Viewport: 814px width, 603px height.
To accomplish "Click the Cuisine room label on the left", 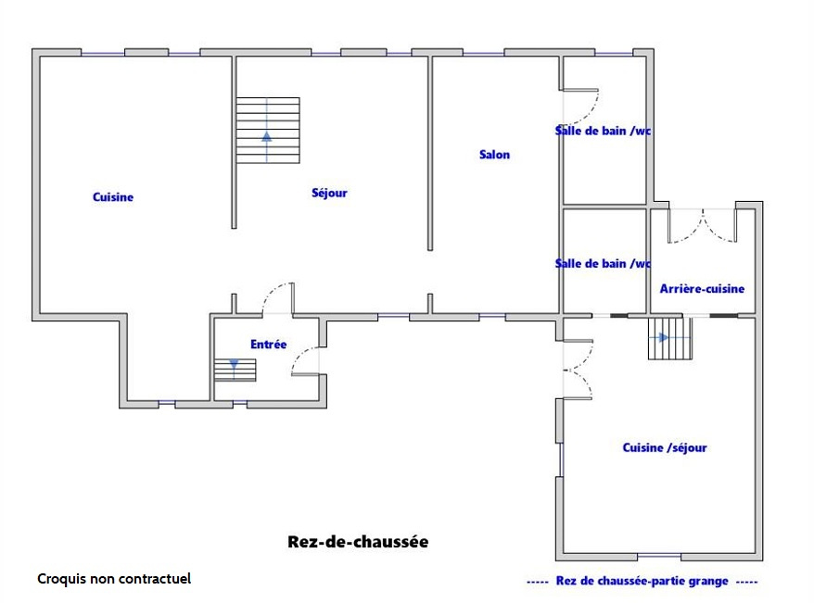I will (x=113, y=197).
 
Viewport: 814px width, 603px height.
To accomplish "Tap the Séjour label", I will (x=329, y=194).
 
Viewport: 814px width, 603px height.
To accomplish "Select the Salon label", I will (x=494, y=155).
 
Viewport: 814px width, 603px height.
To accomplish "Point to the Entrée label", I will (x=269, y=345).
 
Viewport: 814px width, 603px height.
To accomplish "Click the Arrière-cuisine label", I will (x=702, y=289).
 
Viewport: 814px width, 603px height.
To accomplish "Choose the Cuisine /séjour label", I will (x=665, y=448).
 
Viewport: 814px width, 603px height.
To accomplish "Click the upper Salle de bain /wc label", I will (x=603, y=131).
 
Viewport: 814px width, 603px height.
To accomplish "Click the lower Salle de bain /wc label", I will (x=603, y=264).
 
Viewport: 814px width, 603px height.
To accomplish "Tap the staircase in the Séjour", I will (x=267, y=131).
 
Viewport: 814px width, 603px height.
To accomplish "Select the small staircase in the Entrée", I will (x=235, y=370).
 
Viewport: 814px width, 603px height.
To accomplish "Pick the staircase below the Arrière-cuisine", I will (x=669, y=339).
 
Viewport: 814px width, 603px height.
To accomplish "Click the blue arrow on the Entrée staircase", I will (x=234, y=367).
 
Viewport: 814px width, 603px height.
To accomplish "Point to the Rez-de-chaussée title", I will (x=358, y=542).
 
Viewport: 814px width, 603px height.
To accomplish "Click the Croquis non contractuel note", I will (x=114, y=579).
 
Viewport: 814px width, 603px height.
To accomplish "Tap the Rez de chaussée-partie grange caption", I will (x=642, y=582).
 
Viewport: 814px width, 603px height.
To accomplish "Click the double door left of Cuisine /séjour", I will (x=577, y=370).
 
